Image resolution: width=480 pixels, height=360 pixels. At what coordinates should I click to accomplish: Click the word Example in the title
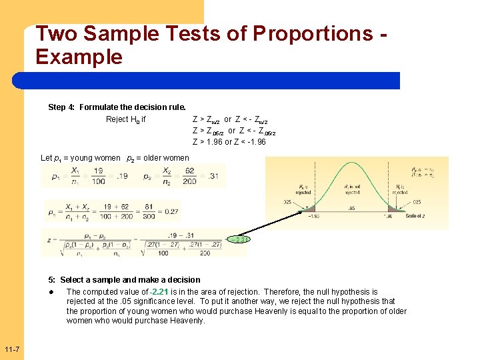tap(79, 57)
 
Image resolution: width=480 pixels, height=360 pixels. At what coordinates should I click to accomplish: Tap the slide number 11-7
tap(11, 350)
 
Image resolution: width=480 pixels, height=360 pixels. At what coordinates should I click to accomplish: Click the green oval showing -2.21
tap(239, 239)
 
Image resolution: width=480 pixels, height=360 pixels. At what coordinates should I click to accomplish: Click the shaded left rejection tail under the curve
tap(308, 210)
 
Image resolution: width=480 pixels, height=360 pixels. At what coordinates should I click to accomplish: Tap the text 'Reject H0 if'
tap(126, 120)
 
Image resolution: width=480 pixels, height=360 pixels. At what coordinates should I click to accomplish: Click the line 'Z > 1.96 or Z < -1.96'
tap(229, 142)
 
